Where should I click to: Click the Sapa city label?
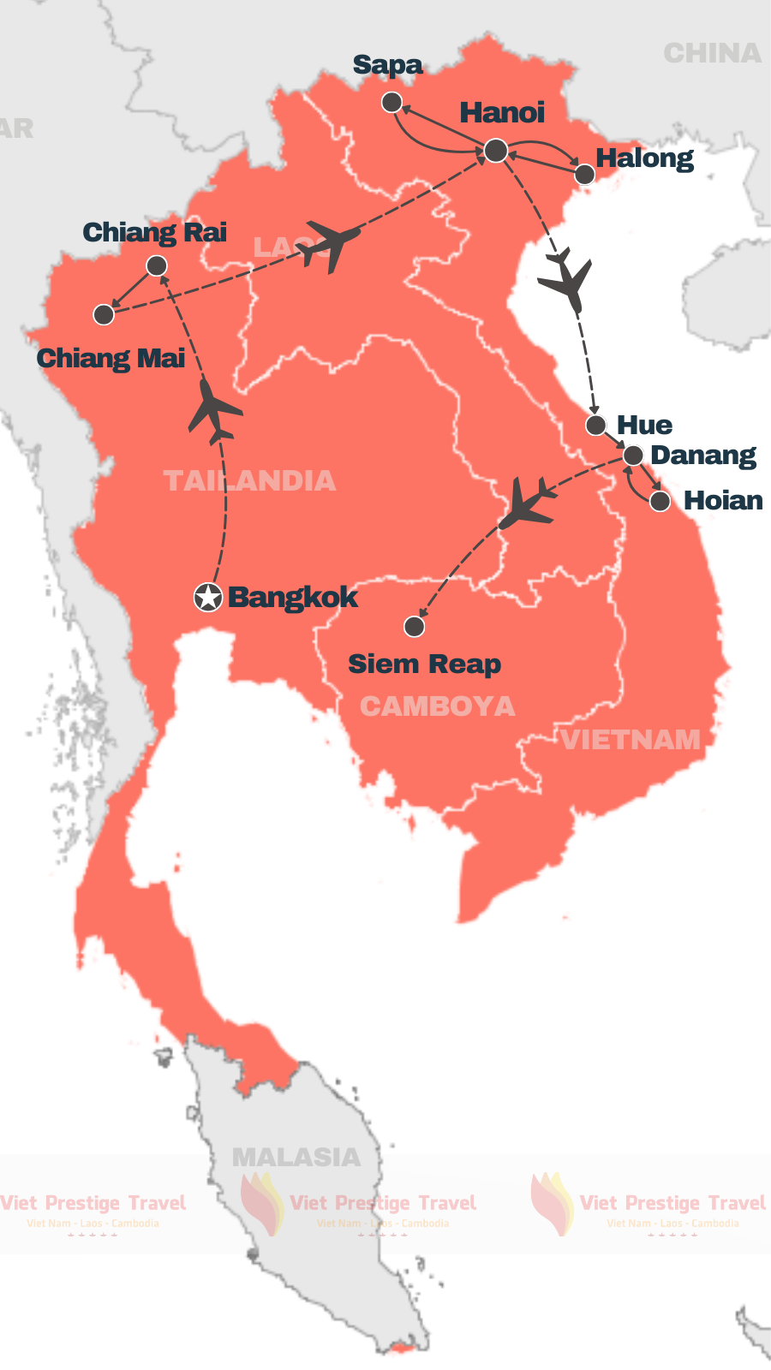pos(387,66)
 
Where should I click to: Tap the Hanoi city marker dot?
pos(496,151)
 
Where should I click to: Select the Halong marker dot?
pos(584,175)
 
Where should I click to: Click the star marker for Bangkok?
pos(208,597)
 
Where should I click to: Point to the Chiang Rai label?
pos(154,232)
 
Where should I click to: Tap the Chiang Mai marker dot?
pos(104,314)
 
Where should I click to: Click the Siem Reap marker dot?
pos(415,627)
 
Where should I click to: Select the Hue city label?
pos(644,426)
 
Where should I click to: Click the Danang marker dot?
pos(633,455)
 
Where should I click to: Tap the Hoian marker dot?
pos(660,501)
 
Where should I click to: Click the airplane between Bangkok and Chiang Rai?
pos(215,412)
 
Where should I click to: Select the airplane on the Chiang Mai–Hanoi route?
pos(328,245)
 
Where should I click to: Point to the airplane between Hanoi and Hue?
pos(565,279)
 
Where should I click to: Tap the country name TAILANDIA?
pos(249,480)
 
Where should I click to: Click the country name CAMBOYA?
pos(437,706)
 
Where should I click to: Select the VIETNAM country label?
pos(631,740)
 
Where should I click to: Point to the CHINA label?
pos(712,54)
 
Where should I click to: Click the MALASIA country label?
pos(296,1158)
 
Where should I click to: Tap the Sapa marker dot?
pos(391,103)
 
